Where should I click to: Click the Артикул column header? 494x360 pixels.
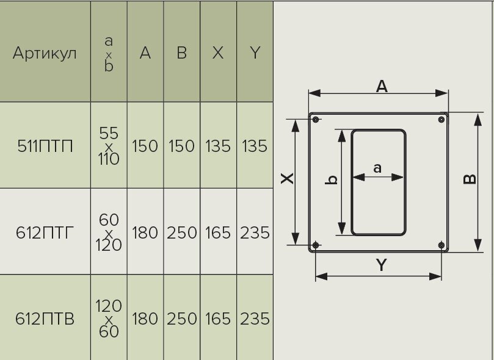(45, 53)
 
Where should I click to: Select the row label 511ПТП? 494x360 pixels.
(45, 146)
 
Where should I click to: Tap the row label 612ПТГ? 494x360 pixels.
(45, 232)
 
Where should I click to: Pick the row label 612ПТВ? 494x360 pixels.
(45, 319)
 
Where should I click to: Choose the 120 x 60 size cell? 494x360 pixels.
(109, 319)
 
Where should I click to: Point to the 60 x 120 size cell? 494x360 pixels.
(109, 232)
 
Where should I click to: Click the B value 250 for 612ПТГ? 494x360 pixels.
(181, 232)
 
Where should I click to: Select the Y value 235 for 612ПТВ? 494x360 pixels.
(255, 319)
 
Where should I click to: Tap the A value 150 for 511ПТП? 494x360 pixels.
(145, 146)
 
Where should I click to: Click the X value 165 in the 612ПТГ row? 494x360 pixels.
(218, 232)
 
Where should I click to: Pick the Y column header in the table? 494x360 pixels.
(255, 53)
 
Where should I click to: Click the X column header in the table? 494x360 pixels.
(218, 53)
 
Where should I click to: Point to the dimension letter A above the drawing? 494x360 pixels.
(382, 87)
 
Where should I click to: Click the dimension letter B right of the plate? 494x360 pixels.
(470, 179)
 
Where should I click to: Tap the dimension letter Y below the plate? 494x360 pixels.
(381, 265)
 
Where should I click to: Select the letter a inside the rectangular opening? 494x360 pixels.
(377, 168)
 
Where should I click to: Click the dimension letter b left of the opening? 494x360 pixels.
(332, 179)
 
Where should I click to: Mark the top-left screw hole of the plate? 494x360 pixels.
(316, 120)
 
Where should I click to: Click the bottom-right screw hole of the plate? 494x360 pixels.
(441, 245)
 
